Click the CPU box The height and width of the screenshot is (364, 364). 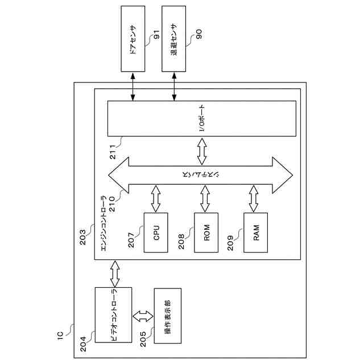pos(156,233)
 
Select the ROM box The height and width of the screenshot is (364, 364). pos(206,233)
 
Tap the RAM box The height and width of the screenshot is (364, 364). pos(255,233)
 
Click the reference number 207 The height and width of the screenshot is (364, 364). pos(131,240)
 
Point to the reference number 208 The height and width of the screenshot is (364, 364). pos(181,241)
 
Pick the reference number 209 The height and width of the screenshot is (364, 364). pos(230,243)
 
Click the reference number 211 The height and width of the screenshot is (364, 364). pos(113,152)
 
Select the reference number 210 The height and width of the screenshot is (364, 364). pos(112,204)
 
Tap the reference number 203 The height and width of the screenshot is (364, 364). pos(82,237)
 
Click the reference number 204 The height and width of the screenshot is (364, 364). pos(83,344)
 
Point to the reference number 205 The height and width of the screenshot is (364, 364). pos(143,339)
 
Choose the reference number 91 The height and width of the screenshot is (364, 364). pos(157,34)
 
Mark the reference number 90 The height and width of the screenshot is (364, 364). pos(199,34)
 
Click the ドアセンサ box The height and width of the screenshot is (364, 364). pos(133,39)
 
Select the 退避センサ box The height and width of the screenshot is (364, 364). pos(174,39)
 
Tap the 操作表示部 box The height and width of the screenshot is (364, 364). pos(168,316)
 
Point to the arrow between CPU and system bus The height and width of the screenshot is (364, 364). pos(156,198)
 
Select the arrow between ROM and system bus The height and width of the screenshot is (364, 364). pos(205,198)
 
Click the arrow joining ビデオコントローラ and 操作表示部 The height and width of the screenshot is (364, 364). pos(143,316)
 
